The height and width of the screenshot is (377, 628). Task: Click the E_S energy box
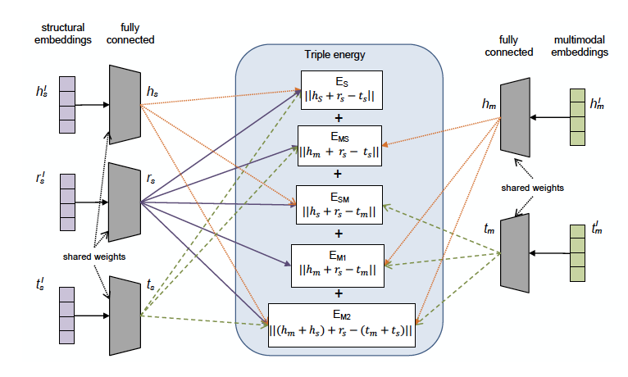339,90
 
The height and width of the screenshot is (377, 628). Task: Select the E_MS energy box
339,146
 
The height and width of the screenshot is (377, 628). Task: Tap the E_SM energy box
339,205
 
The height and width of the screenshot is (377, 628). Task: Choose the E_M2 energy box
339,324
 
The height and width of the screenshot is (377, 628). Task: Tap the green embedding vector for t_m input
577,245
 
